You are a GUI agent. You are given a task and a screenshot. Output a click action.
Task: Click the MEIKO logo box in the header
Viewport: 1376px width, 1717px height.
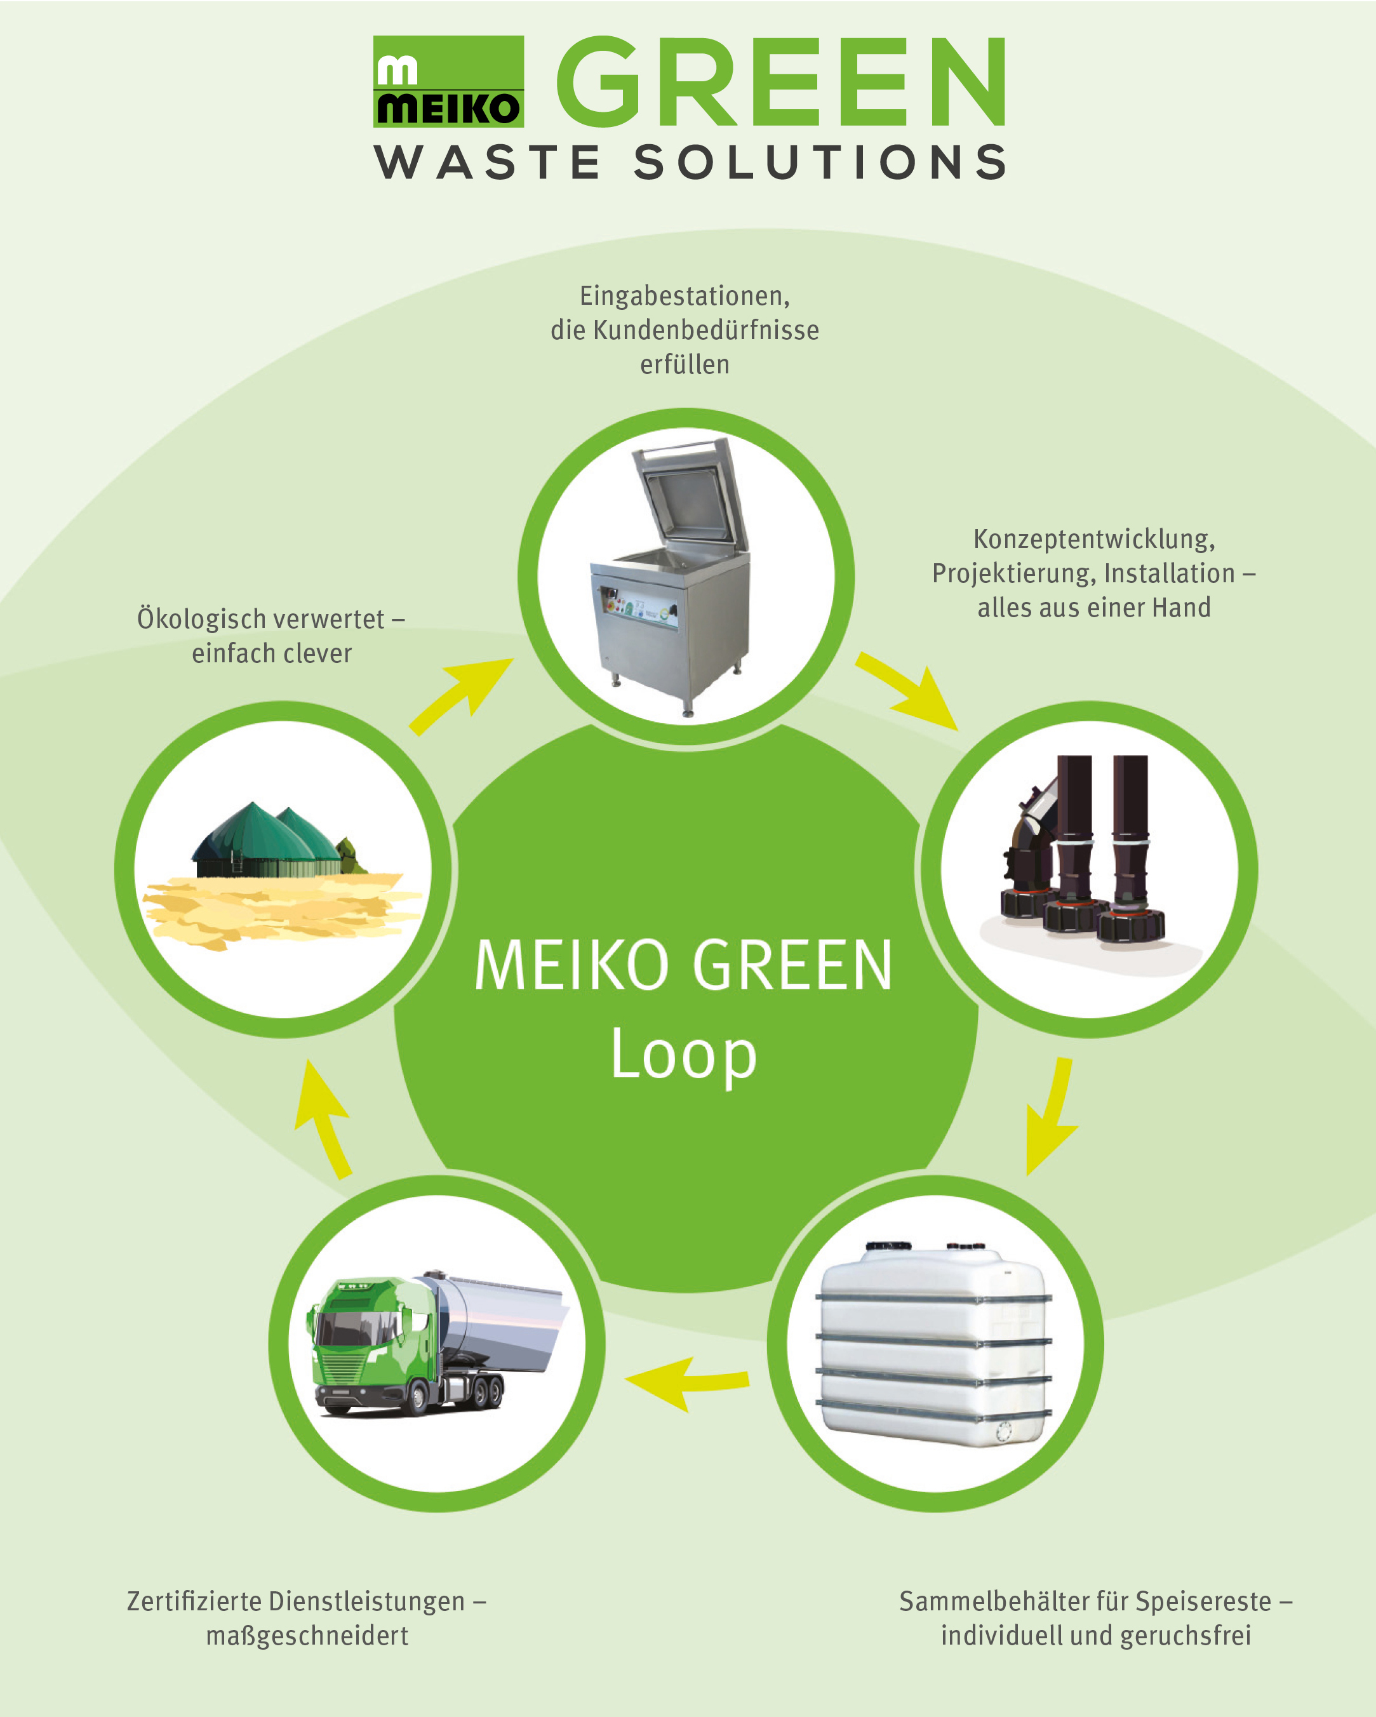[448, 81]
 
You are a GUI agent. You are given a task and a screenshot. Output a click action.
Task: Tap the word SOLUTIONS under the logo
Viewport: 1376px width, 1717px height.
[821, 163]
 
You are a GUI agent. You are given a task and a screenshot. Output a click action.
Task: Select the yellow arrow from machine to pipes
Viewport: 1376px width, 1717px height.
[906, 690]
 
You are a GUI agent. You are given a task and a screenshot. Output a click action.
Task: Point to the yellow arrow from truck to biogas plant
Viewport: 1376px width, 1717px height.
[323, 1119]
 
